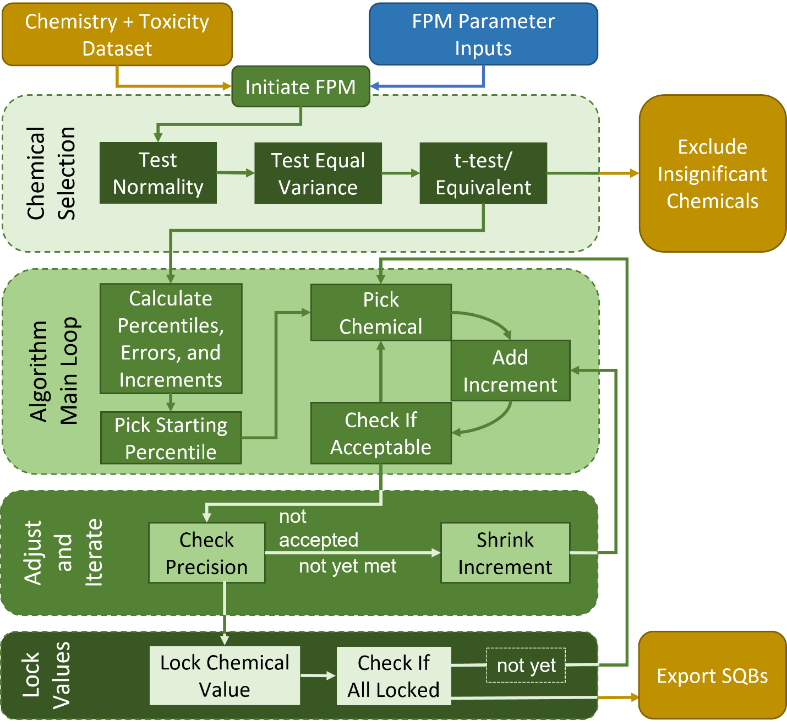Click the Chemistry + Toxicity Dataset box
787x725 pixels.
(117, 35)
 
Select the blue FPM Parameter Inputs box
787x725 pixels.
(483, 35)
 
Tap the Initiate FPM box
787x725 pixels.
(300, 87)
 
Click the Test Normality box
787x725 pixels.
(158, 173)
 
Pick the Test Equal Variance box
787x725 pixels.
(318, 174)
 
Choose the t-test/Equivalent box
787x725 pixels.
(483, 174)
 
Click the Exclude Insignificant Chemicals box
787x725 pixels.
(712, 174)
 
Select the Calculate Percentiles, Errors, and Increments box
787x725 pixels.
(171, 339)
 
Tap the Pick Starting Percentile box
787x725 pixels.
(171, 438)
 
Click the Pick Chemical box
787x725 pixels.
(381, 313)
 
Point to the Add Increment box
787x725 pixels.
(510, 370)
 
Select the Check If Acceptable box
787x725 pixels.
(381, 433)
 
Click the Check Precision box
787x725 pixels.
(206, 553)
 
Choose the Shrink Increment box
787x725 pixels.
(505, 553)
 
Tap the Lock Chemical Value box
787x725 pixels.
(225, 676)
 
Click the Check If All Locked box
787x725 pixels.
(393, 676)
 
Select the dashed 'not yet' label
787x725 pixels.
(526, 666)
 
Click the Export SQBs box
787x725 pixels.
(712, 675)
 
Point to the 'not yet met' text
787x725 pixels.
(347, 566)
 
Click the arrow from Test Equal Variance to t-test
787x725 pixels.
(401, 173)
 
